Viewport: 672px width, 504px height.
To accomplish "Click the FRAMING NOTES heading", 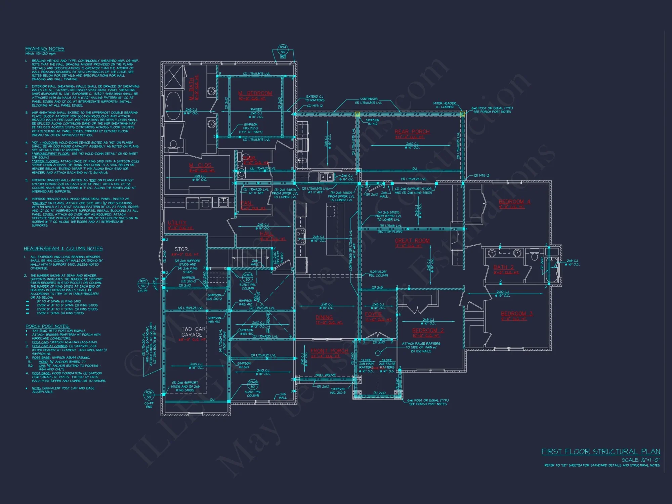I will pos(45,49).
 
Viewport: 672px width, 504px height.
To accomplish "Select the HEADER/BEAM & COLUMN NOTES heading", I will pos(63,249).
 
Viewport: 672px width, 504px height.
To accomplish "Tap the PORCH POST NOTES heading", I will pos(47,326).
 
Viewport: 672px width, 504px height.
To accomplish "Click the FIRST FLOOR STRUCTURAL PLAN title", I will pos(600,452).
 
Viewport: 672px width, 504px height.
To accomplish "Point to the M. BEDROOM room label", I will pos(255,93).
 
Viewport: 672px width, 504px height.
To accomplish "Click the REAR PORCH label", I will pos(412,132).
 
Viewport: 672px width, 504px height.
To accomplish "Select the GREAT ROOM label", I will pos(412,241).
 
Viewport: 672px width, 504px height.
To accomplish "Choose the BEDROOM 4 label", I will pos(514,202).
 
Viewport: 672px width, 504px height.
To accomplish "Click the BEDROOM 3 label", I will pos(516,313).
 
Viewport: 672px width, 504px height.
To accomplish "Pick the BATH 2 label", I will pos(503,267).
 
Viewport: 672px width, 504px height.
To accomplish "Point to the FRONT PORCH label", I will pos(329,351).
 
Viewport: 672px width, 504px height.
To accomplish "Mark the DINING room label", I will pos(324,317).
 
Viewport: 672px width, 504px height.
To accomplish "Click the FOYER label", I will pos(373,314).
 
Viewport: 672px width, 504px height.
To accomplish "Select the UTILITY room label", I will pos(177,223).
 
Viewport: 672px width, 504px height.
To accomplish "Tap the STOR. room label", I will pos(182,249).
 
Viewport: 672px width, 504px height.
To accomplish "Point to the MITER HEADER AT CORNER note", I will pos(444,105).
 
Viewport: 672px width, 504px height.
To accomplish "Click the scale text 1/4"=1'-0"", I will pos(641,460).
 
